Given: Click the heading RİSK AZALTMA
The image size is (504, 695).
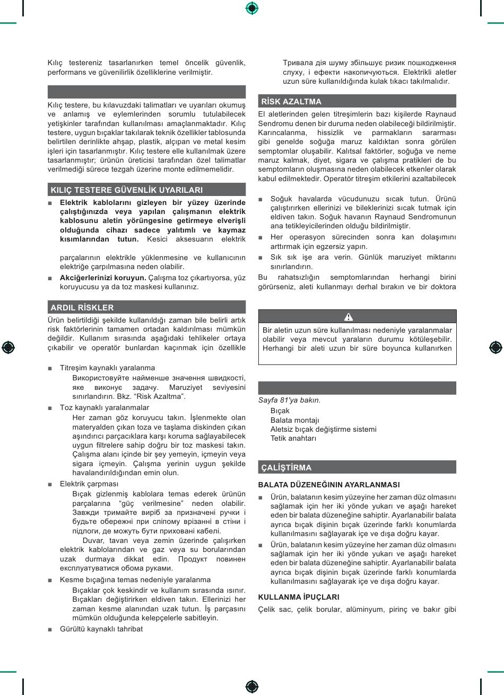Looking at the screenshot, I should click(291, 101).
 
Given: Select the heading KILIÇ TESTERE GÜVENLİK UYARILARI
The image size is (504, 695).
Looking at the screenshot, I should click(126, 190).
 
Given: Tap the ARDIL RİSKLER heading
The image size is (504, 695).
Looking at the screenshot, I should click(82, 307).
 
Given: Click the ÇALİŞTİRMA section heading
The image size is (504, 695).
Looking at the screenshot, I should click(286, 467).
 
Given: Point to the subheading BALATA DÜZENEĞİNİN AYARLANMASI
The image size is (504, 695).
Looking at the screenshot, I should click(329, 485).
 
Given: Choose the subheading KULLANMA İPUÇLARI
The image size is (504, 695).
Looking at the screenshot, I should click(299, 597).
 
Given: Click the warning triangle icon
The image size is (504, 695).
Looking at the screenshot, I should click(349, 317).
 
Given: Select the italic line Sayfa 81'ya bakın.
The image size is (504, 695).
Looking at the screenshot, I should click(289, 400).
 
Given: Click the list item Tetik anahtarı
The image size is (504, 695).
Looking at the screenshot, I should click(293, 438).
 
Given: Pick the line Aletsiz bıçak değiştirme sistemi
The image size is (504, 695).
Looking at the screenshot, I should click(323, 429).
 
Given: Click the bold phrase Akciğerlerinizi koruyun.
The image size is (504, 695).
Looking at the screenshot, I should click(103, 277).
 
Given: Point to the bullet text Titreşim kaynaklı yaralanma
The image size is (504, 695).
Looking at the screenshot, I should click(107, 368).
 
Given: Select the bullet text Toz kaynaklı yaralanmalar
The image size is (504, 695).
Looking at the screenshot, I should click(105, 407).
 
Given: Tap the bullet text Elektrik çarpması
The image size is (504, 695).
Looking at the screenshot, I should click(89, 484).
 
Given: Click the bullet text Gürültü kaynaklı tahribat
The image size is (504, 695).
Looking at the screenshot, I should click(101, 629).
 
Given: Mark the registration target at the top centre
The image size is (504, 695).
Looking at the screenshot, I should click(252, 8).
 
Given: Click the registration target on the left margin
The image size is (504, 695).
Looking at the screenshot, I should click(8, 348).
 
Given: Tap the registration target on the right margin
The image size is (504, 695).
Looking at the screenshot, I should click(496, 348).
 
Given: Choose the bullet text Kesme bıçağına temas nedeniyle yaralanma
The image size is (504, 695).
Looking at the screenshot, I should click(135, 580).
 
